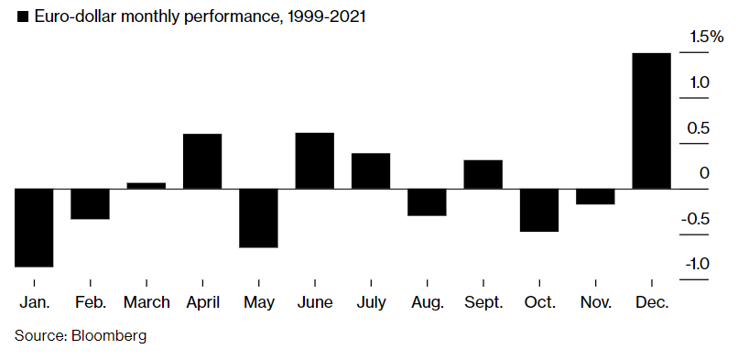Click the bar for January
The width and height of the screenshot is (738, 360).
(34, 227)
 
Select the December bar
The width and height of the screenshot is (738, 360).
(651, 121)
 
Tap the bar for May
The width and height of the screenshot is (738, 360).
(258, 218)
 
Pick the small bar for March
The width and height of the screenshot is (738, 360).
(147, 186)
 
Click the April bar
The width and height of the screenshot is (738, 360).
(202, 161)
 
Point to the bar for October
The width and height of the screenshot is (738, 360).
(538, 210)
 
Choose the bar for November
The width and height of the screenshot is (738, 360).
(595, 196)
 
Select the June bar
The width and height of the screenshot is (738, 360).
(314, 160)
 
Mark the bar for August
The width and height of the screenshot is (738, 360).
(427, 202)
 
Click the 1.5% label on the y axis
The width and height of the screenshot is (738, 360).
(706, 38)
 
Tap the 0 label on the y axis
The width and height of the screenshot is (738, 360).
(703, 173)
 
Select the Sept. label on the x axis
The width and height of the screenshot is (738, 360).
(483, 301)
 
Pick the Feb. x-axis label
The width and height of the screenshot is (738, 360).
(90, 301)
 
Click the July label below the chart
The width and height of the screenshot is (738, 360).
(371, 301)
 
